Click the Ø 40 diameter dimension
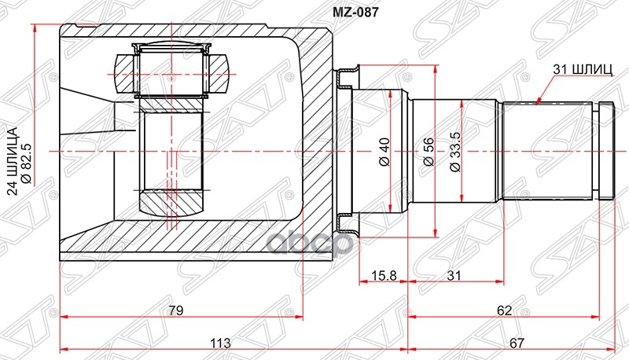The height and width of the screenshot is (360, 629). (384, 151)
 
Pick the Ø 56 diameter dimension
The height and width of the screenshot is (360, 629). (429, 151)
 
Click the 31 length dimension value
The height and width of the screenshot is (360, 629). (454, 275)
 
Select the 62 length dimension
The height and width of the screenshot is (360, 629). (504, 310)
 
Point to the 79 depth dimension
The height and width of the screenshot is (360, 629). (175, 310)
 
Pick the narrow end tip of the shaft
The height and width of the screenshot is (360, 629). (606, 150)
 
